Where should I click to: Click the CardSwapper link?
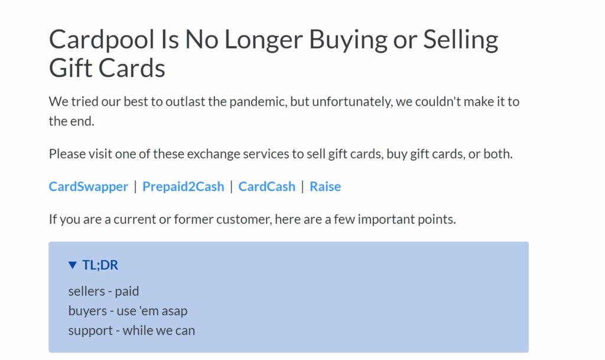pyautogui.click(x=88, y=187)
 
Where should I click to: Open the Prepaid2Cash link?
pyautogui.click(x=183, y=187)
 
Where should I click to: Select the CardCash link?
pyautogui.click(x=266, y=187)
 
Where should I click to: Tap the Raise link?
pyautogui.click(x=325, y=187)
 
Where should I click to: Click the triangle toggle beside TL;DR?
pyautogui.click(x=73, y=265)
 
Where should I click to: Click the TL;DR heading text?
pyautogui.click(x=100, y=265)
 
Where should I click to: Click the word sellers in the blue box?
pyautogui.click(x=86, y=291)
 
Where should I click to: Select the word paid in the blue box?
pyautogui.click(x=127, y=291)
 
